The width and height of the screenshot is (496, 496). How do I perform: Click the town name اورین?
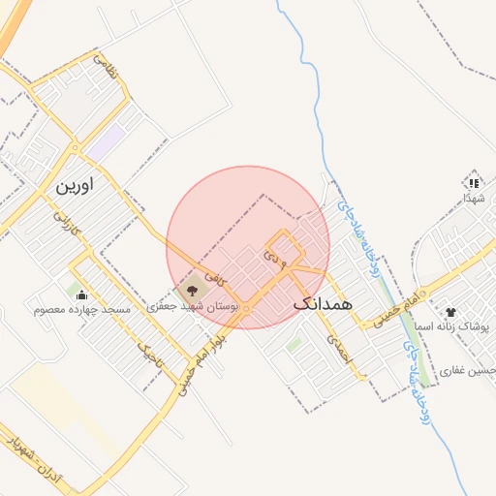pyautogui.click(x=78, y=184)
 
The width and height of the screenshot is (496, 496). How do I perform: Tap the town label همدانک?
pyautogui.click(x=322, y=303)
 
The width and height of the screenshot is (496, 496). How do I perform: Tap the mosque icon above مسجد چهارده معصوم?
pyautogui.click(x=80, y=294)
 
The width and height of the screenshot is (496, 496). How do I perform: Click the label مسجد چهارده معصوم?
pyautogui.click(x=81, y=310)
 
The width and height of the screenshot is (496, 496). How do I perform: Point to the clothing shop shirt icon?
pyautogui.click(x=450, y=312)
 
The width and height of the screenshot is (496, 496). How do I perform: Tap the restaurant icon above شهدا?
pyautogui.click(x=473, y=181)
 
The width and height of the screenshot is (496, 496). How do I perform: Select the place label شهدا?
pyautogui.click(x=474, y=197)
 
